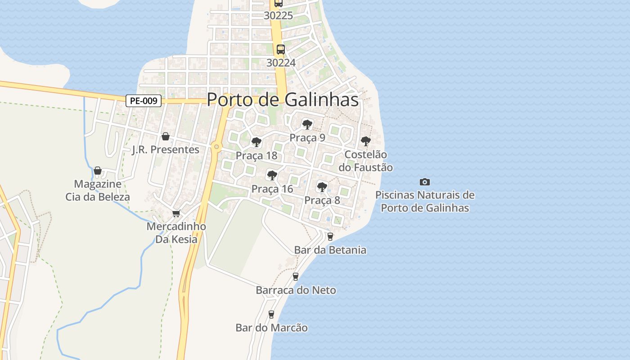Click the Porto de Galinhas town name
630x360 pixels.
pyautogui.click(x=283, y=100)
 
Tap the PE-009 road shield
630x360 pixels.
pyautogui.click(x=143, y=101)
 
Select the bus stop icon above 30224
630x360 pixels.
pyautogui.click(x=280, y=49)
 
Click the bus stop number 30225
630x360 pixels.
pyautogui.click(x=278, y=16)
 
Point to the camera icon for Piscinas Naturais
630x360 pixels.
pyautogui.click(x=424, y=182)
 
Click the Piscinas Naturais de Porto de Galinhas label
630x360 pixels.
pyautogui.click(x=425, y=202)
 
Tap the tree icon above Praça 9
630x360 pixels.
pyautogui.click(x=307, y=124)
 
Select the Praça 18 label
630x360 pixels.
pyautogui.click(x=256, y=156)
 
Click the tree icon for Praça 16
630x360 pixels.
pyautogui.click(x=272, y=175)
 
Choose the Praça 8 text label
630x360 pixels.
pyautogui.click(x=322, y=200)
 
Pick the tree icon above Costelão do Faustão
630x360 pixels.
pyautogui.click(x=365, y=141)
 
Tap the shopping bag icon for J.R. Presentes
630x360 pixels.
pyautogui.click(x=166, y=136)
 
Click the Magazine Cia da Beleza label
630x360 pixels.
pyautogui.click(x=98, y=190)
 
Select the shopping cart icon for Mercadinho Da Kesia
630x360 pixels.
pyautogui.click(x=176, y=213)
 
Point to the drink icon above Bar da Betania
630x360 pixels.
pyautogui.click(x=330, y=236)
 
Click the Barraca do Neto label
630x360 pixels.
pyautogui.click(x=296, y=290)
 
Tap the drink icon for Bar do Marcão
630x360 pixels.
pyautogui.click(x=271, y=314)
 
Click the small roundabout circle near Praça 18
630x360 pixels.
pyautogui.click(x=217, y=146)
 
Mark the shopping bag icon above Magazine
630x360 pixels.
pyautogui.click(x=98, y=171)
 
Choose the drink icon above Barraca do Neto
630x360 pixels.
pyautogui.click(x=296, y=276)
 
